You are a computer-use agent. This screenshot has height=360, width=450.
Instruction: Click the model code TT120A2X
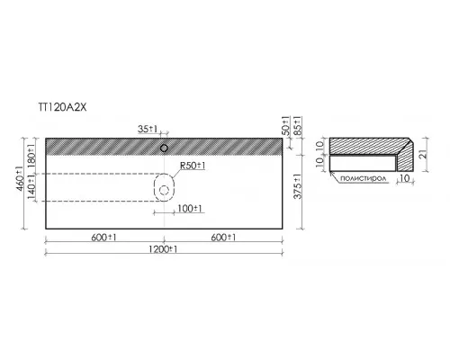tap(63, 107)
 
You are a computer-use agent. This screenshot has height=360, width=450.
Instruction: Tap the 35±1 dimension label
tap(148, 129)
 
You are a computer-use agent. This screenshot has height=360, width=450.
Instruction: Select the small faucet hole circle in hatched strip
tap(164, 148)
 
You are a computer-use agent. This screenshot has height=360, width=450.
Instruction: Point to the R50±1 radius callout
tap(193, 166)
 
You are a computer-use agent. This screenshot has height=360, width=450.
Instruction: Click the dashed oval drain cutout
tap(154, 187)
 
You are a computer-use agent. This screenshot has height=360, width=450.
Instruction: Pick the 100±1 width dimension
tap(190, 209)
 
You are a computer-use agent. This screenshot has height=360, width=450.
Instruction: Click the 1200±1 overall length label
tap(163, 249)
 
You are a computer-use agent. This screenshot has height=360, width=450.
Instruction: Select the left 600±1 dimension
tap(103, 238)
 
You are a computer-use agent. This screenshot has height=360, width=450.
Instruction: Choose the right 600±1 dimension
tap(223, 238)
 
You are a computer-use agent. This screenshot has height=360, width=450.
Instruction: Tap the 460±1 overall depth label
tap(20, 178)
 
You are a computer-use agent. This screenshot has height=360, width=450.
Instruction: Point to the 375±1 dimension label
tap(298, 186)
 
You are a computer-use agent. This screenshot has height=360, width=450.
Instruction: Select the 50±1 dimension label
tap(286, 126)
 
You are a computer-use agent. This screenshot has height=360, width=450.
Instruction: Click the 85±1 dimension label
tap(297, 126)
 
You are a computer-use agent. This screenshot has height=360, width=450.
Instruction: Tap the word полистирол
tap(363, 178)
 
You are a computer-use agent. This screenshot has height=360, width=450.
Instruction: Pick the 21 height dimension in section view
tap(422, 155)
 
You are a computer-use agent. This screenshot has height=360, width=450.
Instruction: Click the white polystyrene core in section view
tap(362, 163)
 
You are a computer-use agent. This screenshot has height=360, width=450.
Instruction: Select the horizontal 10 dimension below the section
tap(405, 178)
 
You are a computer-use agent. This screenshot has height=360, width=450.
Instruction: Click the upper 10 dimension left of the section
tap(319, 145)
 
